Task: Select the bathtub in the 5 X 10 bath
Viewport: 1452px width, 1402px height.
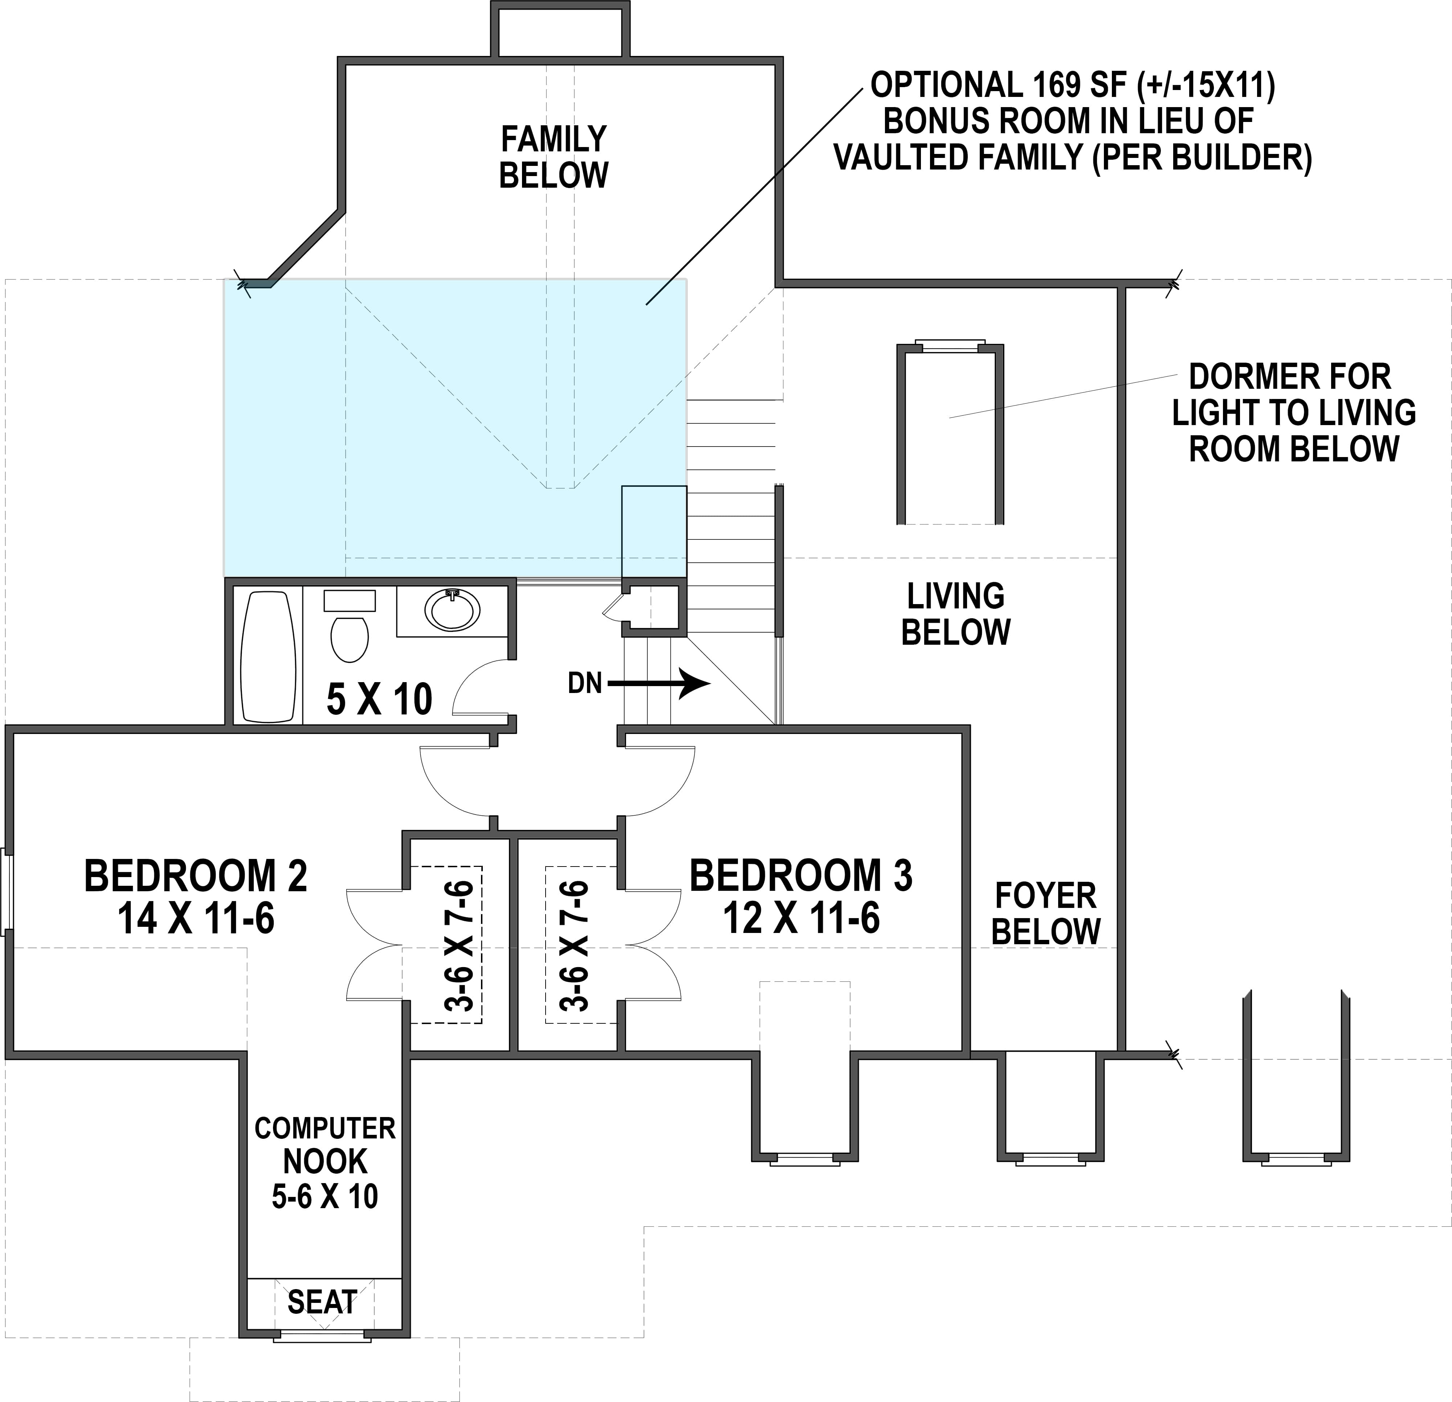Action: (268, 657)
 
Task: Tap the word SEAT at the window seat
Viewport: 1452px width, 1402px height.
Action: (322, 1302)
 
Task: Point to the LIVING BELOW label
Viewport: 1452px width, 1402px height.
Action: (956, 614)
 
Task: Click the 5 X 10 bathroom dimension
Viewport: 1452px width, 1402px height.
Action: (379, 700)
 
